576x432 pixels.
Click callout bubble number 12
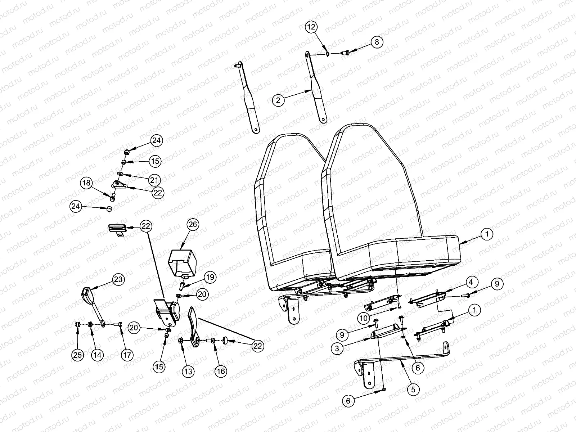tap(312, 27)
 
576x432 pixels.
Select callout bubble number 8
tap(377, 42)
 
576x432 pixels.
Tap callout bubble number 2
tap(278, 100)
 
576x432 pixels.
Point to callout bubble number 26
tap(193, 225)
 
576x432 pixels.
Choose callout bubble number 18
tap(86, 183)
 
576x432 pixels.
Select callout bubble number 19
tap(210, 277)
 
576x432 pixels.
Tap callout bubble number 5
tap(413, 389)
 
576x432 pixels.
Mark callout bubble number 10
tap(364, 318)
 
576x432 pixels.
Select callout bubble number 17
tap(126, 355)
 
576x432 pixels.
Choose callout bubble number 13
tap(188, 371)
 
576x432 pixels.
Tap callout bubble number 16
tap(221, 371)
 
